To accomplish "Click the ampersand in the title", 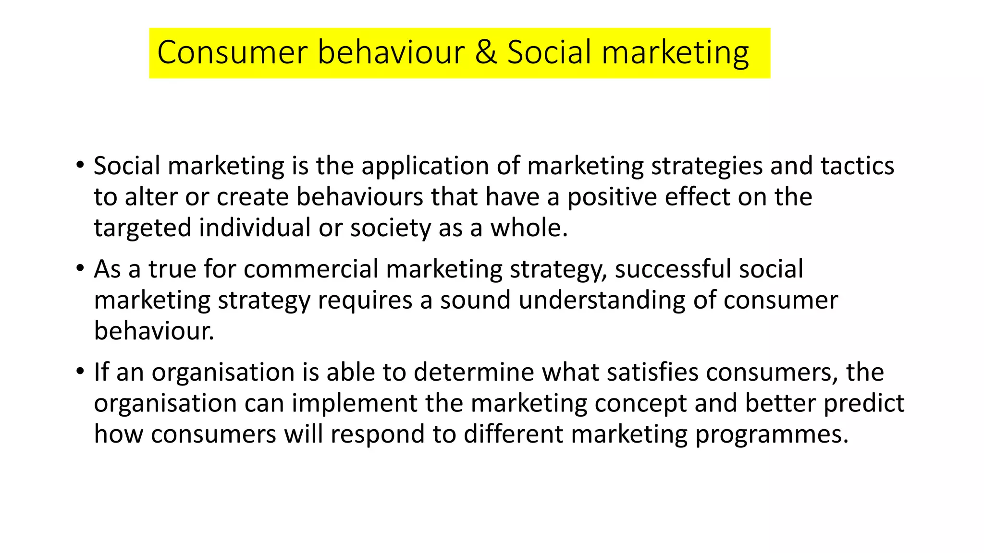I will tap(486, 52).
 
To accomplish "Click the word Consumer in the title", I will tap(232, 52).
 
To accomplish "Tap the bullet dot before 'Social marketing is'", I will tap(80, 165).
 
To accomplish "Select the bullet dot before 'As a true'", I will tap(80, 268).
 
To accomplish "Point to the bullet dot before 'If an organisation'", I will tap(80, 372).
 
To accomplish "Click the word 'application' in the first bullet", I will tap(425, 167).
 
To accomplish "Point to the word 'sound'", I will tap(475, 300).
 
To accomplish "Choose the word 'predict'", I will tap(864, 404).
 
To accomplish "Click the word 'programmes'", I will tap(771, 435).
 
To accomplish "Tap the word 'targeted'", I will tap(142, 228).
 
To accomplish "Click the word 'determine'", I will tap(474, 372).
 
